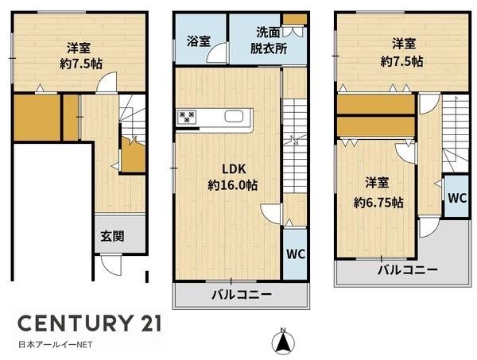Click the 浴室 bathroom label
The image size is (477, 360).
(x=199, y=41)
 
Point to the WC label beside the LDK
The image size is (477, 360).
(x=295, y=254)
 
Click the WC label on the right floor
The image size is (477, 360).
(x=456, y=199)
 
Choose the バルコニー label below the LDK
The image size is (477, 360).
(x=241, y=294)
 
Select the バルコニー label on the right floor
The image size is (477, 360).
(x=406, y=270)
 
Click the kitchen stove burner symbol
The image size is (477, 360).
(x=188, y=118)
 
